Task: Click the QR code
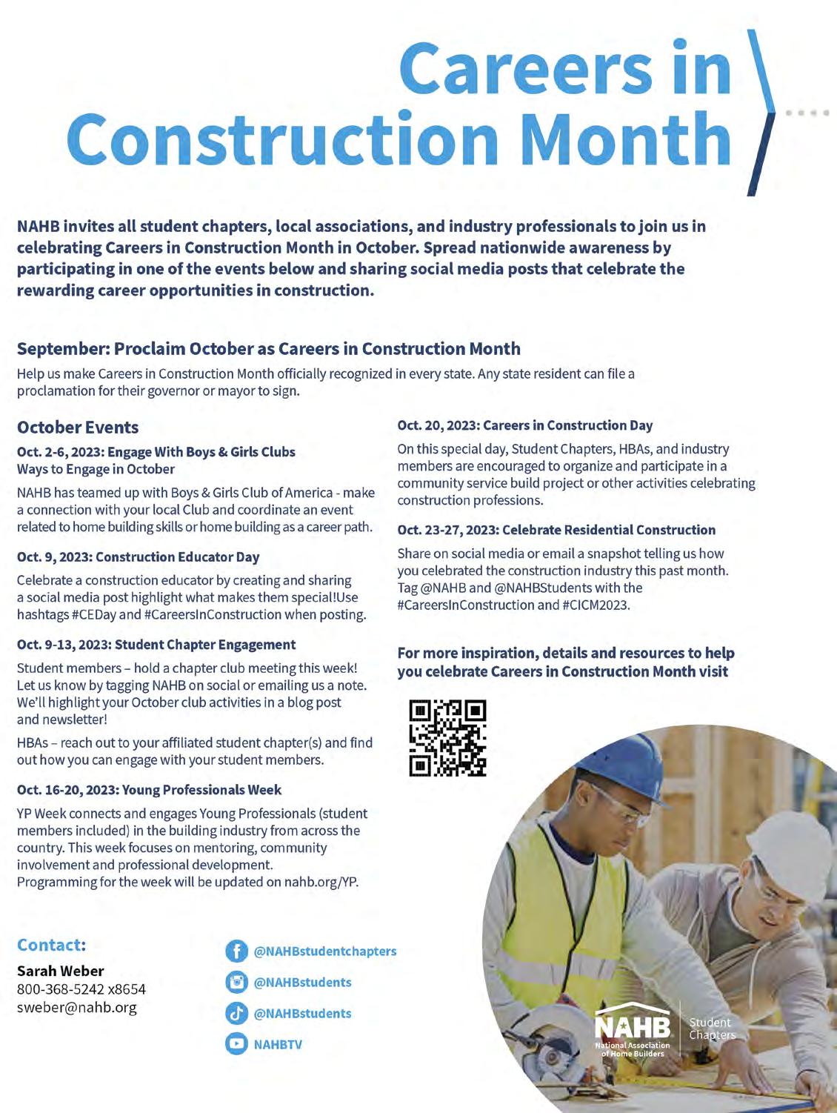coord(448,738)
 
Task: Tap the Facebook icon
coord(236,951)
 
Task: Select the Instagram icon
coord(236,983)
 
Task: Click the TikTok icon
coord(236,1014)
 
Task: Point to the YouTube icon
coord(236,1045)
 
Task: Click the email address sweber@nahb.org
coord(77,1008)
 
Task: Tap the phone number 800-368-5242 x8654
coord(81,989)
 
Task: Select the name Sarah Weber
coord(61,971)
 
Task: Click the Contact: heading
coord(52,945)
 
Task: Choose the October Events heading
coord(78,428)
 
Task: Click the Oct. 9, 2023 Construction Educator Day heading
coord(139,557)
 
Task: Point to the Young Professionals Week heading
coord(150,790)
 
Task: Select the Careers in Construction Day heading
coord(525,425)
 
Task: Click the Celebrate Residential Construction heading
coord(556,530)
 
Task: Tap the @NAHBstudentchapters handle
coord(325,951)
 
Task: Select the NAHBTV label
coord(278,1045)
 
